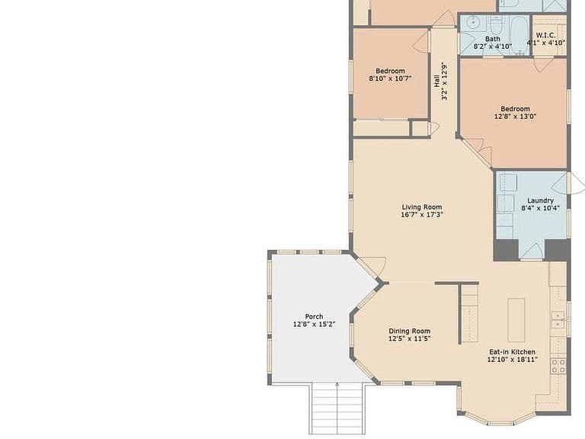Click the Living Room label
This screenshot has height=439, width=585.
[x=422, y=207]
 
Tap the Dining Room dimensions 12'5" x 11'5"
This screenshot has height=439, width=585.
[x=410, y=338]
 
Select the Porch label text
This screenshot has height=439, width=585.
[x=314, y=316]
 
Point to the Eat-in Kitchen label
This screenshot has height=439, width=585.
[x=512, y=351]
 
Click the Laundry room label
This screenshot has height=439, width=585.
[x=540, y=200]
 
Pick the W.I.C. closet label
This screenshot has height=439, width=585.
[x=545, y=36]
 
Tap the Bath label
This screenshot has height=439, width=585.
[x=493, y=39]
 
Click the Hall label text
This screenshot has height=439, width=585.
[x=436, y=81]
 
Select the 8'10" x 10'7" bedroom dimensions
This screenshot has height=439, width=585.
[x=390, y=79]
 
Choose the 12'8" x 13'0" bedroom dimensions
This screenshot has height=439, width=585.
[x=515, y=117]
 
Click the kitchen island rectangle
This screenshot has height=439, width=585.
[x=516, y=320]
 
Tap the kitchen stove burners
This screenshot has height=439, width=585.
[x=558, y=366]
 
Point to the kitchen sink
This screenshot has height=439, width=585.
[x=558, y=320]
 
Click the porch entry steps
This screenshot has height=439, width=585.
[x=337, y=409]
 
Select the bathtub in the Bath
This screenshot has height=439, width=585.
[x=519, y=35]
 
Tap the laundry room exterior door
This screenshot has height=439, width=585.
[x=568, y=183]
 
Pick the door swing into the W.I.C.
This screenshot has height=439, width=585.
[x=543, y=64]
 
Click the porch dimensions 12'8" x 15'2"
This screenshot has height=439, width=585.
[x=314, y=324]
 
